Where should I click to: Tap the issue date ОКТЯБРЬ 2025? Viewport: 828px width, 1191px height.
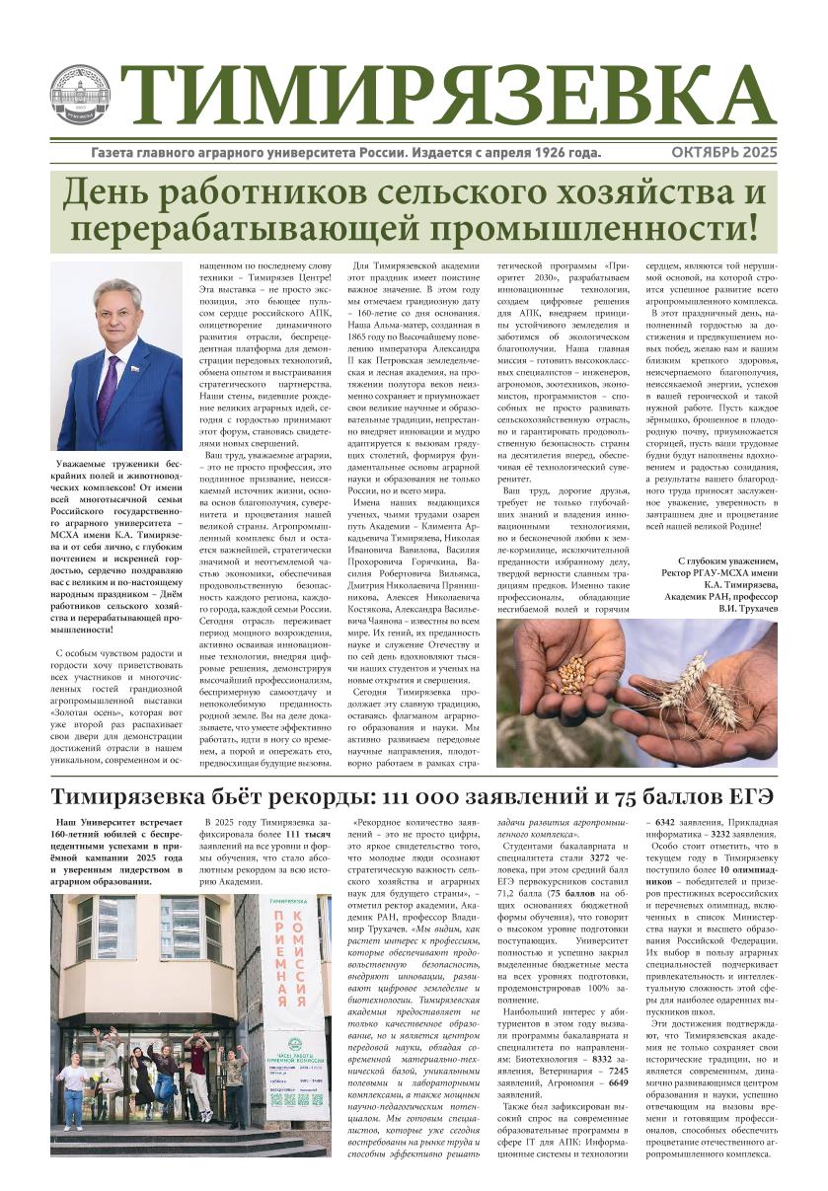pyautogui.click(x=724, y=153)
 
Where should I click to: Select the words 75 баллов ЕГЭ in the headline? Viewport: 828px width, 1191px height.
pyautogui.click(x=680, y=796)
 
